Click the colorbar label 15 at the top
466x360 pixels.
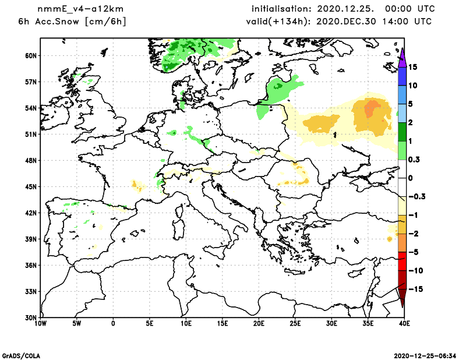tap(412, 67)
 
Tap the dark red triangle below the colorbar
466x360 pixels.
tap(402, 298)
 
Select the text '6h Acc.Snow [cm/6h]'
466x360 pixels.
tap(72, 22)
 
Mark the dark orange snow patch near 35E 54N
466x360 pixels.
tap(372, 108)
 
